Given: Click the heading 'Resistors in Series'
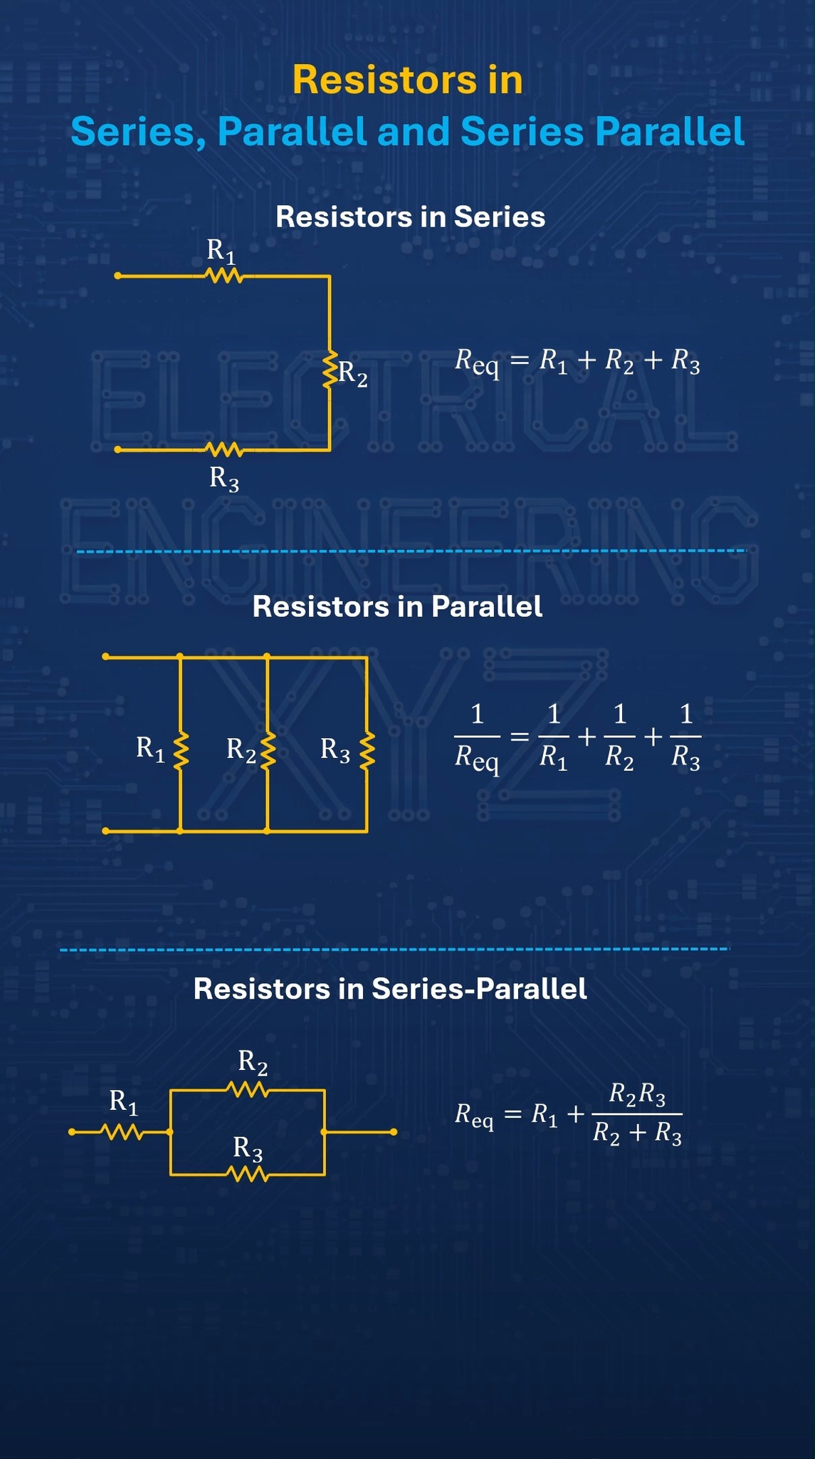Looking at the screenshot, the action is (x=410, y=217).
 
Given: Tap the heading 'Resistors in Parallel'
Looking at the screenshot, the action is (x=397, y=607).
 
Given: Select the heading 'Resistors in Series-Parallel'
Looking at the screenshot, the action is (x=390, y=989).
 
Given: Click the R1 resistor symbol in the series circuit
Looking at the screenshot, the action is (x=224, y=276).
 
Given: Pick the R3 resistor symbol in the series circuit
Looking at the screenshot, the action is (x=224, y=450).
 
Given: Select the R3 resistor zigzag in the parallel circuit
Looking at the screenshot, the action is (x=367, y=751).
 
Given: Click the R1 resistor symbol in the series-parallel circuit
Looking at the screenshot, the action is (x=123, y=1132).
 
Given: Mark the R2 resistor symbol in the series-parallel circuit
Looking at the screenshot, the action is (x=247, y=1089).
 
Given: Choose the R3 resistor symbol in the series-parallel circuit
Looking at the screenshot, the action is (x=247, y=1174).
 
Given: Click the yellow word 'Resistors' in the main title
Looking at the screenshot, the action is (x=384, y=80).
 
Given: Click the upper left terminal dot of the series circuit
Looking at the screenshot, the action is (x=118, y=276).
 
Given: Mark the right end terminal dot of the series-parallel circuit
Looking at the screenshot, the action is (x=394, y=1132).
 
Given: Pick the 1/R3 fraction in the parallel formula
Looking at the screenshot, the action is (x=685, y=737).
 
